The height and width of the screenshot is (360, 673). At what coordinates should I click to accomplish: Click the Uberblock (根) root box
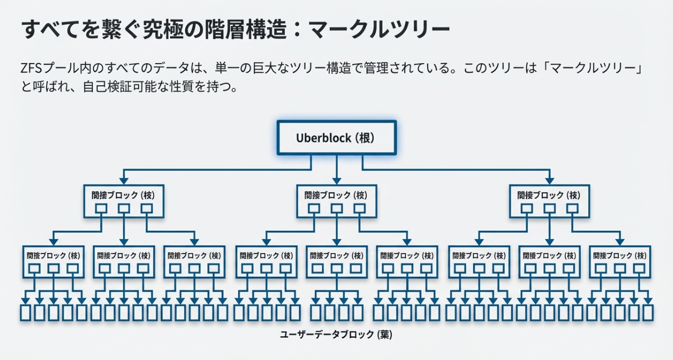[336, 138]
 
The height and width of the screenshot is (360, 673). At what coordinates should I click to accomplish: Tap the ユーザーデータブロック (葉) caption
[336, 335]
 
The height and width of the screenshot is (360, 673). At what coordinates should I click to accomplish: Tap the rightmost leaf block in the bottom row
[648, 313]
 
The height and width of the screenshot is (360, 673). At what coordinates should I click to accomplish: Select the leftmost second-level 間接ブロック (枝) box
[53, 261]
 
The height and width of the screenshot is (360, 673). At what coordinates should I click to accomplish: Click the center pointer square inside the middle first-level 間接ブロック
[336, 208]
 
